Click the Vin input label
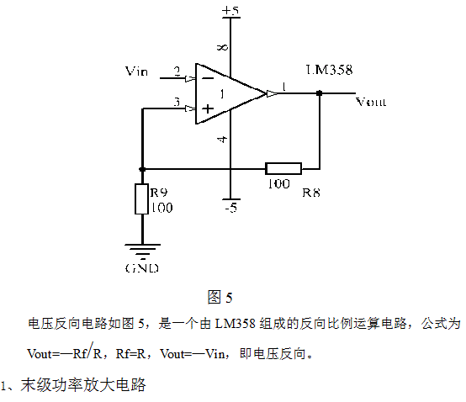point(136,71)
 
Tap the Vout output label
point(371,102)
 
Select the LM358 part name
point(329,70)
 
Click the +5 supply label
point(230,10)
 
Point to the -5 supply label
point(231,208)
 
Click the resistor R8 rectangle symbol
point(283,168)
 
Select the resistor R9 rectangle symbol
point(142,198)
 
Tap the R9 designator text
point(159,193)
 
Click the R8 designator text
point(311,193)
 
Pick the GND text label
point(142,268)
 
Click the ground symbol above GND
point(143,250)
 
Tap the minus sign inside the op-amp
point(208,78)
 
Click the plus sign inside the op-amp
point(208,108)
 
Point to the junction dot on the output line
point(319,93)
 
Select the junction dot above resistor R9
point(142,169)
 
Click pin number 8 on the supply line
point(223,47)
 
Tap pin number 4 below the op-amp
point(223,139)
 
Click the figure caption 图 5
point(220,297)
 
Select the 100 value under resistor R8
point(278,183)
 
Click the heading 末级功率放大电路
point(83,385)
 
